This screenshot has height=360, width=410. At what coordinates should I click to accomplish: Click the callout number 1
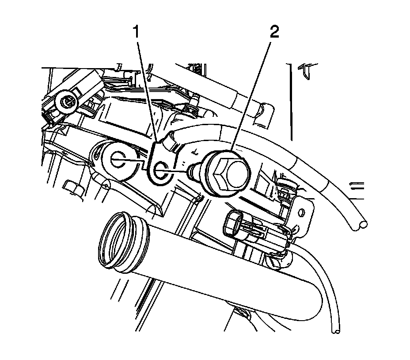click(139, 33)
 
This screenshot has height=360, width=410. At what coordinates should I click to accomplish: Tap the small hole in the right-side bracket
click(303, 214)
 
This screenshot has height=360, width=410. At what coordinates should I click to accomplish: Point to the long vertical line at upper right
click(291, 102)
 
